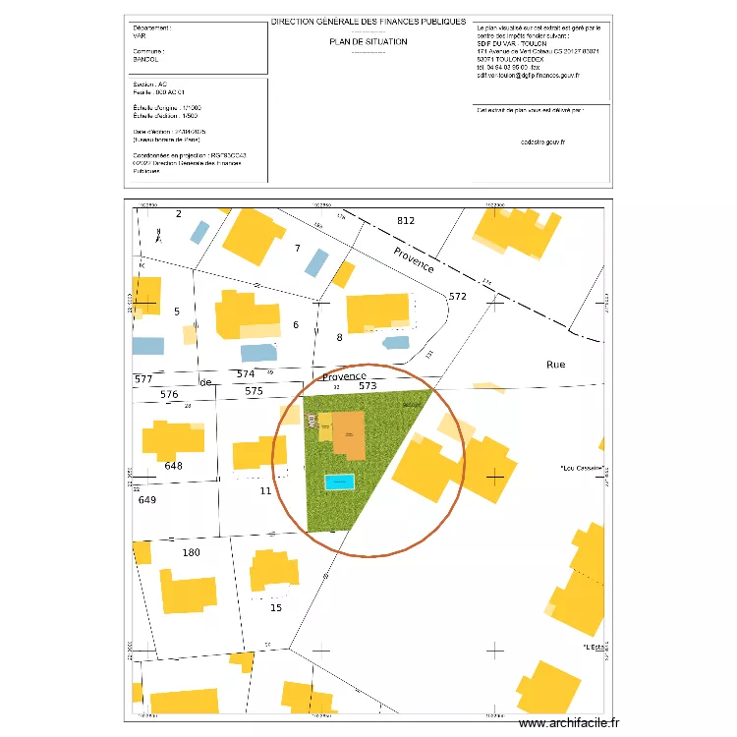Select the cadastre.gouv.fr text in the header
point(542,142)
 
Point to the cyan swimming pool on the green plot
point(339,482)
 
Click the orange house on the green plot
point(348,433)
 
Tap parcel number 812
point(406,220)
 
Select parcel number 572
point(457,296)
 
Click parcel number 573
point(368,386)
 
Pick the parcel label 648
point(174,466)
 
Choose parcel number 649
point(147,499)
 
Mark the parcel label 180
point(191,552)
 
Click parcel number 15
point(276,607)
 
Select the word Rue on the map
point(556,364)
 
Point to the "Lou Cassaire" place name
point(581,468)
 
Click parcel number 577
point(143,378)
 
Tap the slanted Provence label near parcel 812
point(414,259)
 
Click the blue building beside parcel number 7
point(316,262)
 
